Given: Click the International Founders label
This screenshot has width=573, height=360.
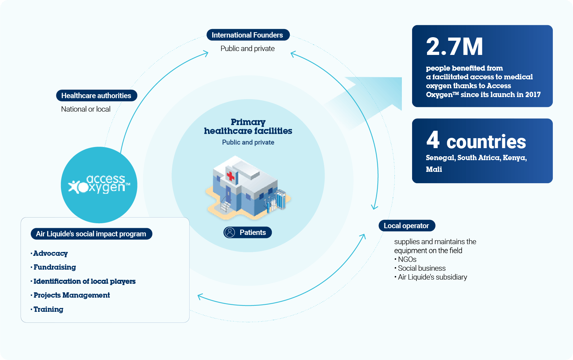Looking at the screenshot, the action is coord(248,35).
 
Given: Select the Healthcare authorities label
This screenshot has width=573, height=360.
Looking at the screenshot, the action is coord(96,95).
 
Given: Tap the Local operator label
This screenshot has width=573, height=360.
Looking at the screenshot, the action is coord(407,226).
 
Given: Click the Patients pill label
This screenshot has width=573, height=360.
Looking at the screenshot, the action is coord(247,232).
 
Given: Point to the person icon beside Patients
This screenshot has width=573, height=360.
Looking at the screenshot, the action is coord(230,232).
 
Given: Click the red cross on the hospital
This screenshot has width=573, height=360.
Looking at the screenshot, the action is coord(231,176).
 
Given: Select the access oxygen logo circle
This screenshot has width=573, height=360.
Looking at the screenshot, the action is coord(99,185).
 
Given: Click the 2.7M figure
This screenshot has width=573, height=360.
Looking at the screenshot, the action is coord(454,46).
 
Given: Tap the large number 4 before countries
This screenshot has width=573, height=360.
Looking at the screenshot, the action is coord(433,140).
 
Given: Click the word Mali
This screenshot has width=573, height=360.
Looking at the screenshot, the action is coord(434,169).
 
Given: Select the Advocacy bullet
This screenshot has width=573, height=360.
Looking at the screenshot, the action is coord(49,253).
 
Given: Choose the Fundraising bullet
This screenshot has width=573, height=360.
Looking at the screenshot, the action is coord(53,267).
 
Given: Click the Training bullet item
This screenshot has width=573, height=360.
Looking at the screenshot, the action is coord(47,309).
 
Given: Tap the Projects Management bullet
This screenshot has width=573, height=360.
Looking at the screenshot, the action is coord(70,295).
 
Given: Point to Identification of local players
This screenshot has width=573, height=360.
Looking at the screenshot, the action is coord(83,281).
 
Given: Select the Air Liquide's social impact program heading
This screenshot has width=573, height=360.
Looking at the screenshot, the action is coord(91,234).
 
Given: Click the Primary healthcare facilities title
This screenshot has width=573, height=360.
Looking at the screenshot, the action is coord(248,126).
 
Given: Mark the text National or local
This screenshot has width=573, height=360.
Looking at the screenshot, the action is coord(86,109).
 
